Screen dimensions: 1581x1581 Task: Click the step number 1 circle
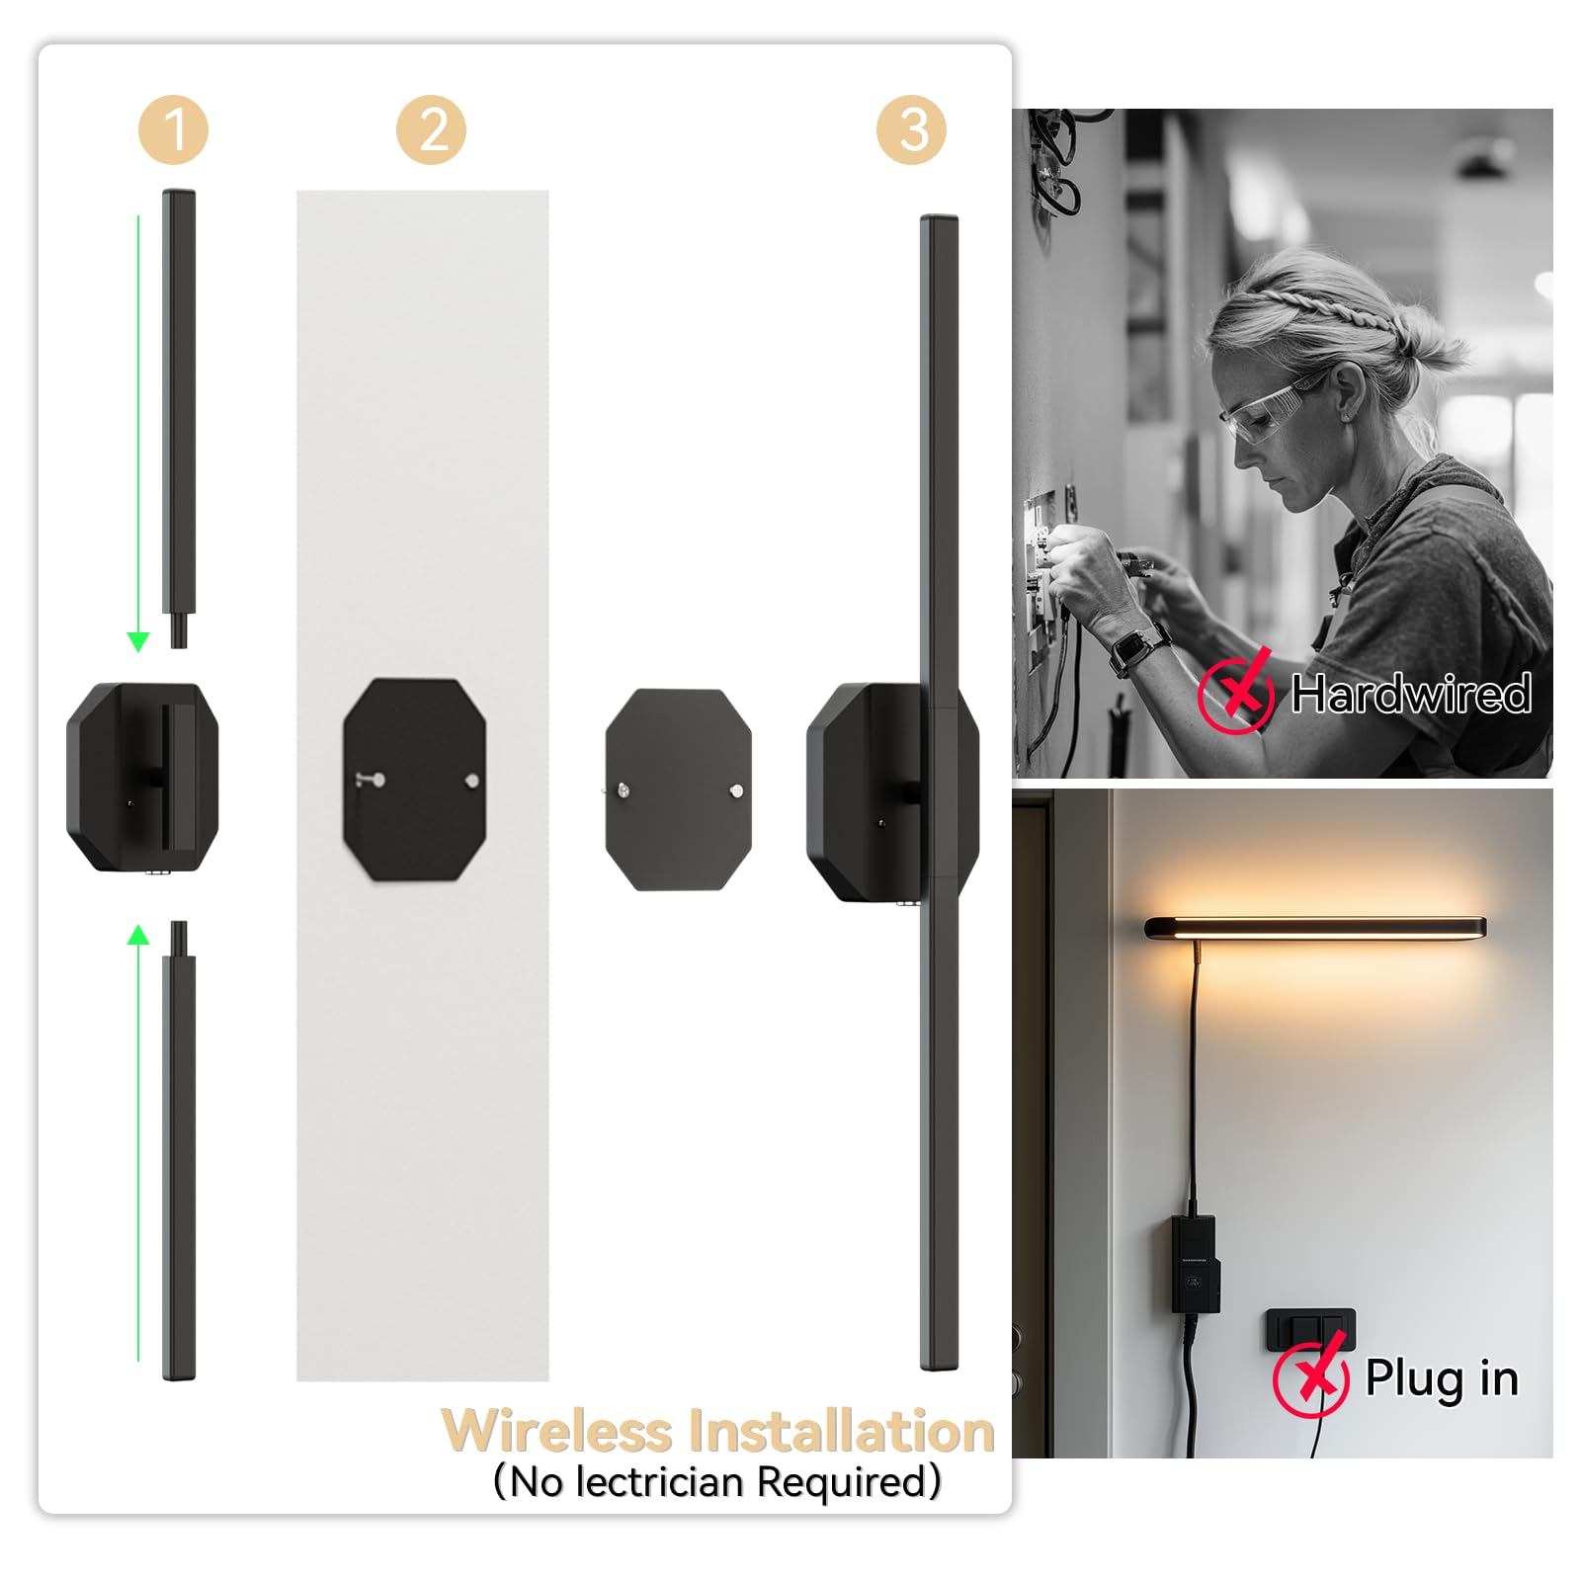click(x=173, y=129)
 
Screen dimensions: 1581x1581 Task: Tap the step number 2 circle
click(x=432, y=129)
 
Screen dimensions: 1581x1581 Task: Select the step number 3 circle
click(x=911, y=129)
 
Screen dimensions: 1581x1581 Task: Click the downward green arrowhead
click(x=138, y=641)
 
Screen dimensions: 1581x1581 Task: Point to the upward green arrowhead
click(x=138, y=935)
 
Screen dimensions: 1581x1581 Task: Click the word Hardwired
click(x=1411, y=694)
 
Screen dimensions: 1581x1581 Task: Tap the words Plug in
click(x=1441, y=1377)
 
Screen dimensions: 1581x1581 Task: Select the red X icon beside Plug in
click(x=1311, y=1375)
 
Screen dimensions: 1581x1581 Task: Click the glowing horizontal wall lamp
click(x=1314, y=928)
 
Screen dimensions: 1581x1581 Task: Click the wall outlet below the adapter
click(x=1310, y=1329)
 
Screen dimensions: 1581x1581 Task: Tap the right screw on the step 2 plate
click(x=472, y=781)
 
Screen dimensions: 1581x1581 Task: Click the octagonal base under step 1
click(x=142, y=777)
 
